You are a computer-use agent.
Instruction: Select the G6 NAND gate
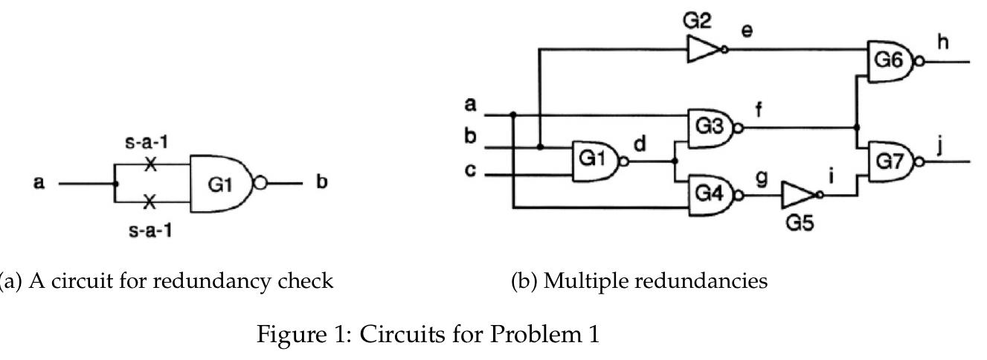[x=890, y=61]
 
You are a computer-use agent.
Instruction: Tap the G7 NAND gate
[x=890, y=161]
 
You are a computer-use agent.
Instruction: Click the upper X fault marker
[x=150, y=165]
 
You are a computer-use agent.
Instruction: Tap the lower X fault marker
[x=150, y=201]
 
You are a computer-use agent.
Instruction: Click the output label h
[x=943, y=42]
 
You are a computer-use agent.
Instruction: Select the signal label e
[x=747, y=31]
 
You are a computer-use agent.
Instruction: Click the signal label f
[x=759, y=110]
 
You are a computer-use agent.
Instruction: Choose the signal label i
[x=831, y=176]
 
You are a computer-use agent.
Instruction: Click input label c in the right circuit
[x=469, y=170]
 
